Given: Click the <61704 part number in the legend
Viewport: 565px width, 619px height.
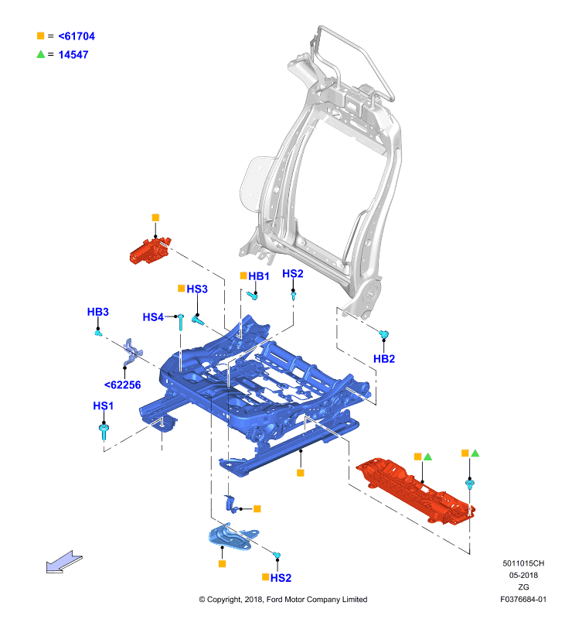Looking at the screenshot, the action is tap(77, 36).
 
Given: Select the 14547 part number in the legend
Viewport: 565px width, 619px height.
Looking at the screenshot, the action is tap(73, 55).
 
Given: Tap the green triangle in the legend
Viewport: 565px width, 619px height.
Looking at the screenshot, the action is tap(41, 54).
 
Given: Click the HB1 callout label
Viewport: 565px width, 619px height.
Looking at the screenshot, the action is tap(259, 276).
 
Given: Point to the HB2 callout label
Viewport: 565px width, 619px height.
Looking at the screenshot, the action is tap(384, 359).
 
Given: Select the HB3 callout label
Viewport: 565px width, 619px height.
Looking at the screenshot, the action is tap(98, 312).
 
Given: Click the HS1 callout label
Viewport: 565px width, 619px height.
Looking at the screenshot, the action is tap(104, 405).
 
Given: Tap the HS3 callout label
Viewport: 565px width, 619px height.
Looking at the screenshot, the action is tap(197, 289).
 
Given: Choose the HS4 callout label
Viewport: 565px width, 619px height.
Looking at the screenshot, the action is tap(153, 317).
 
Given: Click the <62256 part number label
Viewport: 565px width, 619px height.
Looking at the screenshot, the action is tap(122, 385).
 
